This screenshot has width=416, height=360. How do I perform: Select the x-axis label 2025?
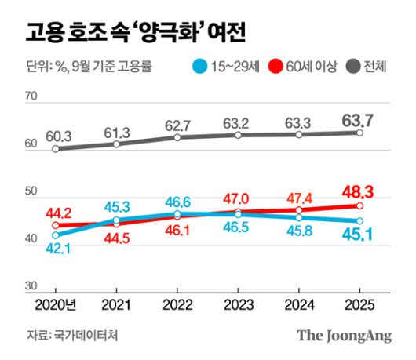[x=359, y=305]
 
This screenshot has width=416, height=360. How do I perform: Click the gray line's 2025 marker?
[x=359, y=133]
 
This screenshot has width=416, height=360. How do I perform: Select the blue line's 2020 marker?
[x=56, y=235]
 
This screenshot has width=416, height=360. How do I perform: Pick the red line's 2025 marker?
[x=359, y=205]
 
